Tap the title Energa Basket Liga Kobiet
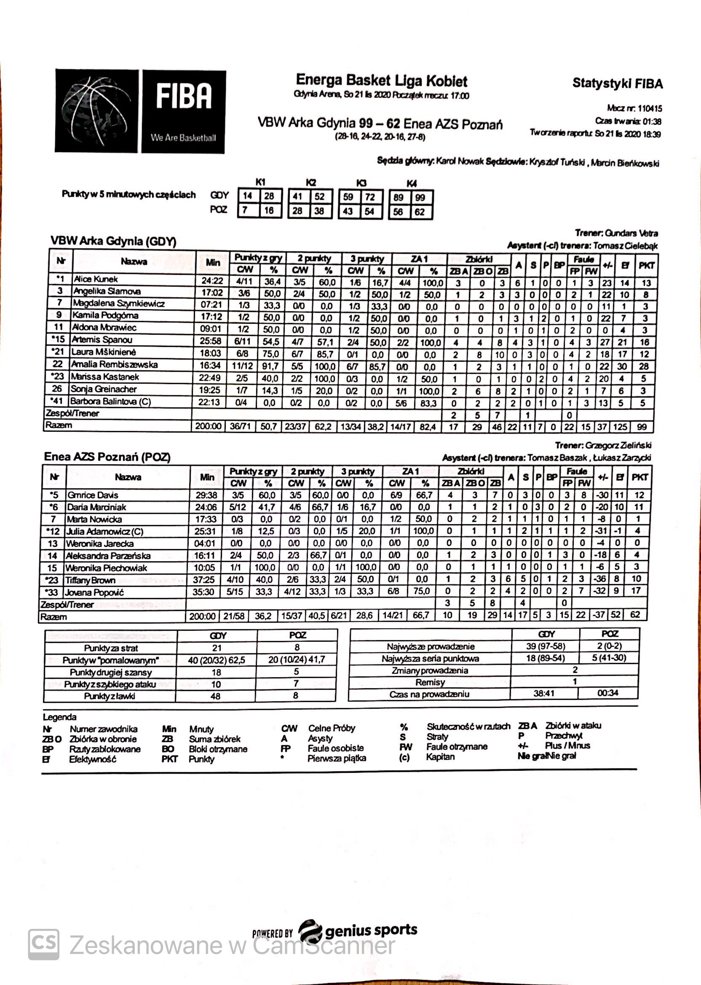[382, 81]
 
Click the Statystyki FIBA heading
[617, 83]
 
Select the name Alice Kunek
[95, 280]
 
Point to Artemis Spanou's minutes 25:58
[210, 341]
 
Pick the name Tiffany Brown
[90, 580]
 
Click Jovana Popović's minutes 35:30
[203, 592]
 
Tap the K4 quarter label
[412, 183]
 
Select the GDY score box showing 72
[369, 197]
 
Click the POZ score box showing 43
[348, 212]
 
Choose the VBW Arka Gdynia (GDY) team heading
[113, 241]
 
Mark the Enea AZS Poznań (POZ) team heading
[107, 457]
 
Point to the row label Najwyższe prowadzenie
[431, 647]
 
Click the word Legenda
[59, 717]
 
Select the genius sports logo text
[371, 930]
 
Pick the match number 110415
[646, 108]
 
